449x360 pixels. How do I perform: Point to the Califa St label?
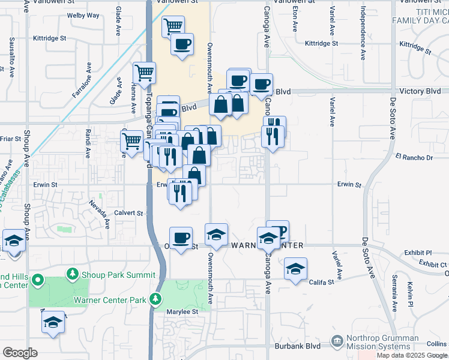click(323, 282)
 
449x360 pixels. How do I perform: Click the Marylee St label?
click(182, 312)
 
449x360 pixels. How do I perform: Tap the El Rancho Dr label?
click(414, 158)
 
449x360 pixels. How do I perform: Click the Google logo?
click(20, 352)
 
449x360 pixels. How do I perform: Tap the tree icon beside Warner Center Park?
click(157, 298)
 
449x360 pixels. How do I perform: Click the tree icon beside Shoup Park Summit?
click(73, 274)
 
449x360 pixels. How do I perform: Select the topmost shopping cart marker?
click(173, 26)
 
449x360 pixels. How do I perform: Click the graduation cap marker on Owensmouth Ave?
click(217, 235)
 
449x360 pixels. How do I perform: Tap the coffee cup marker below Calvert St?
click(181, 238)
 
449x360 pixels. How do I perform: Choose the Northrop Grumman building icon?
click(337, 342)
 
